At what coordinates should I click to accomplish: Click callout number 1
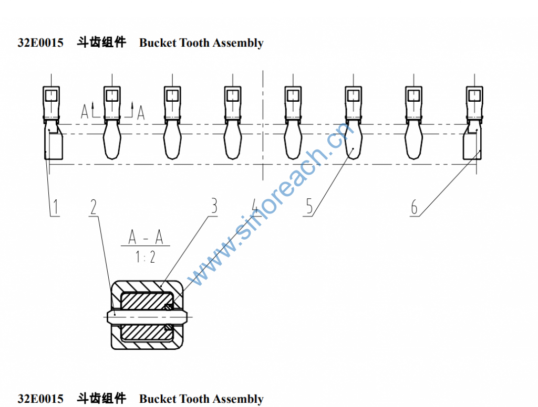coord(55,207)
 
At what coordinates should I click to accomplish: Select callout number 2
coord(94,207)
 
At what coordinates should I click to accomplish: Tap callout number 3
coord(213,207)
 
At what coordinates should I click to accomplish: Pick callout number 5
coord(309,207)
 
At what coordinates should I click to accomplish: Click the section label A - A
coord(146,238)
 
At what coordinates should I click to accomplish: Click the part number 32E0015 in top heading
coord(40,43)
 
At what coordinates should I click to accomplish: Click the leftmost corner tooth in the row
coord(53,142)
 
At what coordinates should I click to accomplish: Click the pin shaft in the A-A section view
coord(147,316)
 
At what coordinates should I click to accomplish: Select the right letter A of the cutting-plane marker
coord(140,112)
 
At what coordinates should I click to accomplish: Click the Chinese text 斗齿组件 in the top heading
coord(101,43)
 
